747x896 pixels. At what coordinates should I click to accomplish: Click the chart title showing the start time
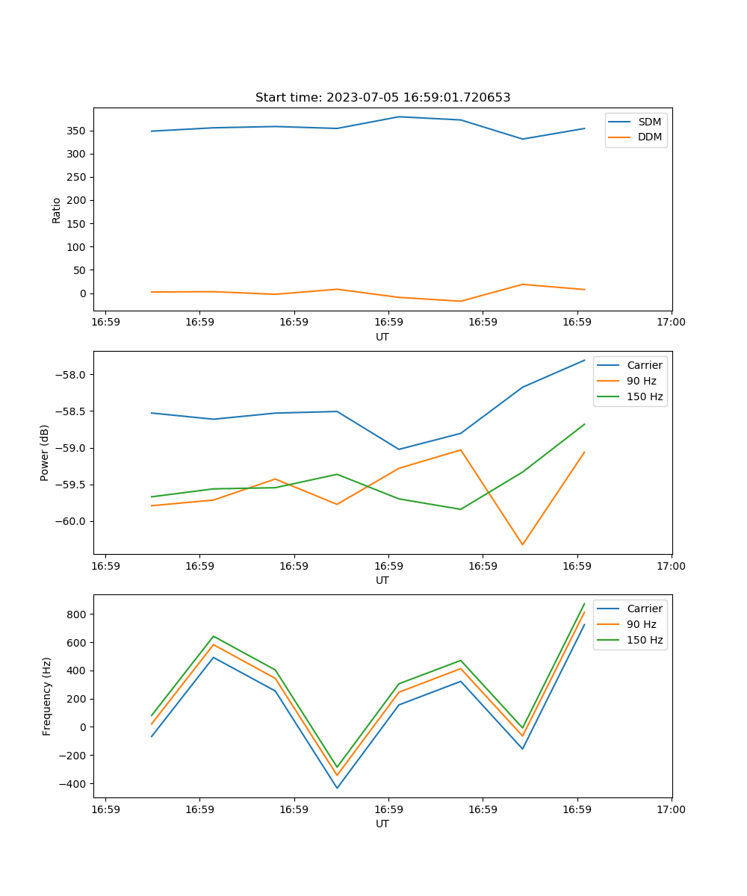(382, 98)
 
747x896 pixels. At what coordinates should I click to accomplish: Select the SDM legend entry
(649, 122)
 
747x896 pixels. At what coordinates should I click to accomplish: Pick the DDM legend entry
(649, 137)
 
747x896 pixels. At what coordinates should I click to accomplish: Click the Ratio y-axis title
(57, 210)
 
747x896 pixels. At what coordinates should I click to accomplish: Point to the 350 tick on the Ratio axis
(77, 131)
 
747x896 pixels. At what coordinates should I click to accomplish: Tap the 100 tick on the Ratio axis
(77, 247)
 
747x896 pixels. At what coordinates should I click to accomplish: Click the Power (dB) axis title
(45, 452)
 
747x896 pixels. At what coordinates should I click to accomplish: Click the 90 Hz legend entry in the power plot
(642, 381)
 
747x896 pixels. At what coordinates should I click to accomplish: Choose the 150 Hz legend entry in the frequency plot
(645, 640)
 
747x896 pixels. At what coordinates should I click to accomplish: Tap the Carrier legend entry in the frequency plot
(644, 609)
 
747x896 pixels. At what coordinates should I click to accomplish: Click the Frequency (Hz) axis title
(47, 696)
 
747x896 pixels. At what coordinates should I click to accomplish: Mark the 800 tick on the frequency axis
(77, 615)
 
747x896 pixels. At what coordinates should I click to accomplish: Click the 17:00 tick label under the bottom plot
(671, 809)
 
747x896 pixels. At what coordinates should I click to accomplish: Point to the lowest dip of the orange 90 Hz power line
(522, 544)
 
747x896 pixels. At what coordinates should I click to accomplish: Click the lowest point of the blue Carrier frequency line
(337, 788)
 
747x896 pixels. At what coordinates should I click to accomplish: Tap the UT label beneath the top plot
(382, 337)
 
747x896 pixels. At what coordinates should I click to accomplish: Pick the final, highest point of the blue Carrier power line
(584, 360)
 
